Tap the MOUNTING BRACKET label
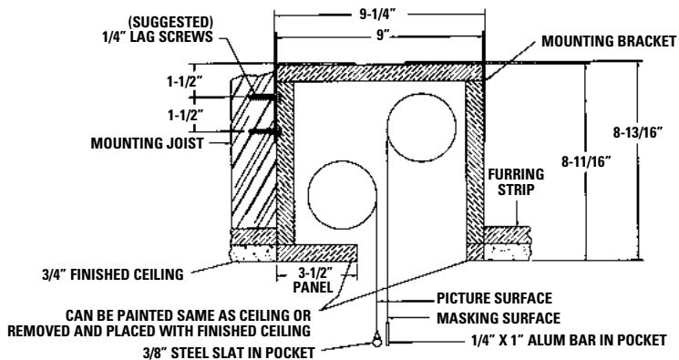(608, 42)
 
